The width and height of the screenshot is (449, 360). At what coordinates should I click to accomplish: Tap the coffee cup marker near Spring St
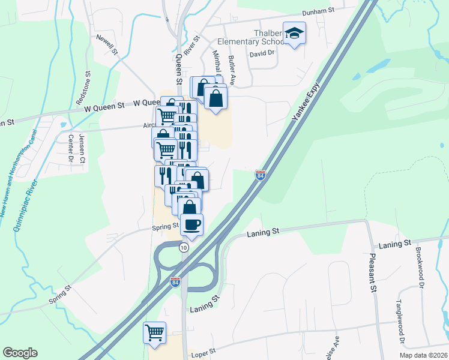191,225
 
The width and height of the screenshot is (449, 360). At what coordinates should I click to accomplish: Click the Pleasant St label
373,272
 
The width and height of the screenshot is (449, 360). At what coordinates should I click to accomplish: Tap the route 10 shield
184,247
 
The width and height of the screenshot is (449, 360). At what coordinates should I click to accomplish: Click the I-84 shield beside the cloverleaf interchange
175,281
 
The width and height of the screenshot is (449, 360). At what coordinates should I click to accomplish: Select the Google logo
20,353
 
